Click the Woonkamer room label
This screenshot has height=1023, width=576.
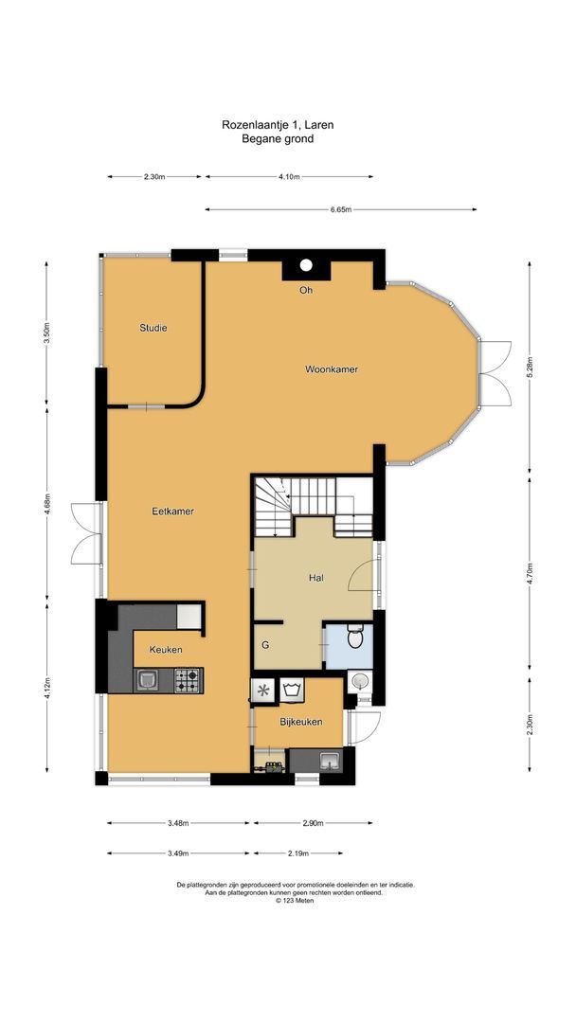click(331, 369)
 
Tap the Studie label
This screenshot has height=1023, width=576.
click(153, 328)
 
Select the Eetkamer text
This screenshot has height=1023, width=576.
click(173, 511)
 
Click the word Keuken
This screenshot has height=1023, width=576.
click(166, 650)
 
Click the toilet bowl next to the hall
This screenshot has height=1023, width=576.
click(355, 638)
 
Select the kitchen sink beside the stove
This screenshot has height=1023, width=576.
click(147, 678)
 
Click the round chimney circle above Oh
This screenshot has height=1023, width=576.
click(306, 266)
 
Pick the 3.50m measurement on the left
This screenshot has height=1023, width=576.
click(46, 333)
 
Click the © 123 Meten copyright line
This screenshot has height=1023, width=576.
click(295, 901)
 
